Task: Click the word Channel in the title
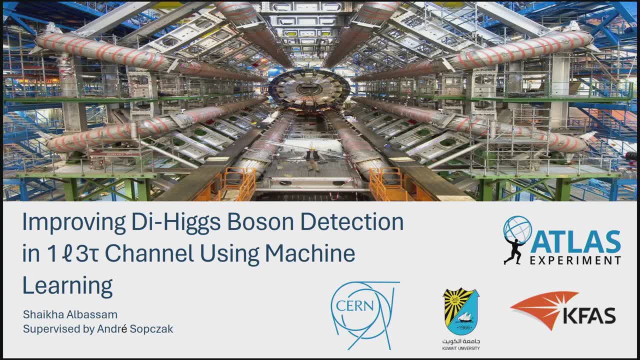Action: (x=149, y=253)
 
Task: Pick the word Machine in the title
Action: (x=310, y=253)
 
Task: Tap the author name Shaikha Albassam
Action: (x=70, y=314)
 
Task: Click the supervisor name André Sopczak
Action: (x=135, y=329)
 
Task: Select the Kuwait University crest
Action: (x=461, y=311)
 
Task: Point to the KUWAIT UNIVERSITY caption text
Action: (x=461, y=348)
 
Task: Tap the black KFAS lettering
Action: (x=589, y=316)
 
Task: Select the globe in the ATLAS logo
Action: (x=517, y=230)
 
